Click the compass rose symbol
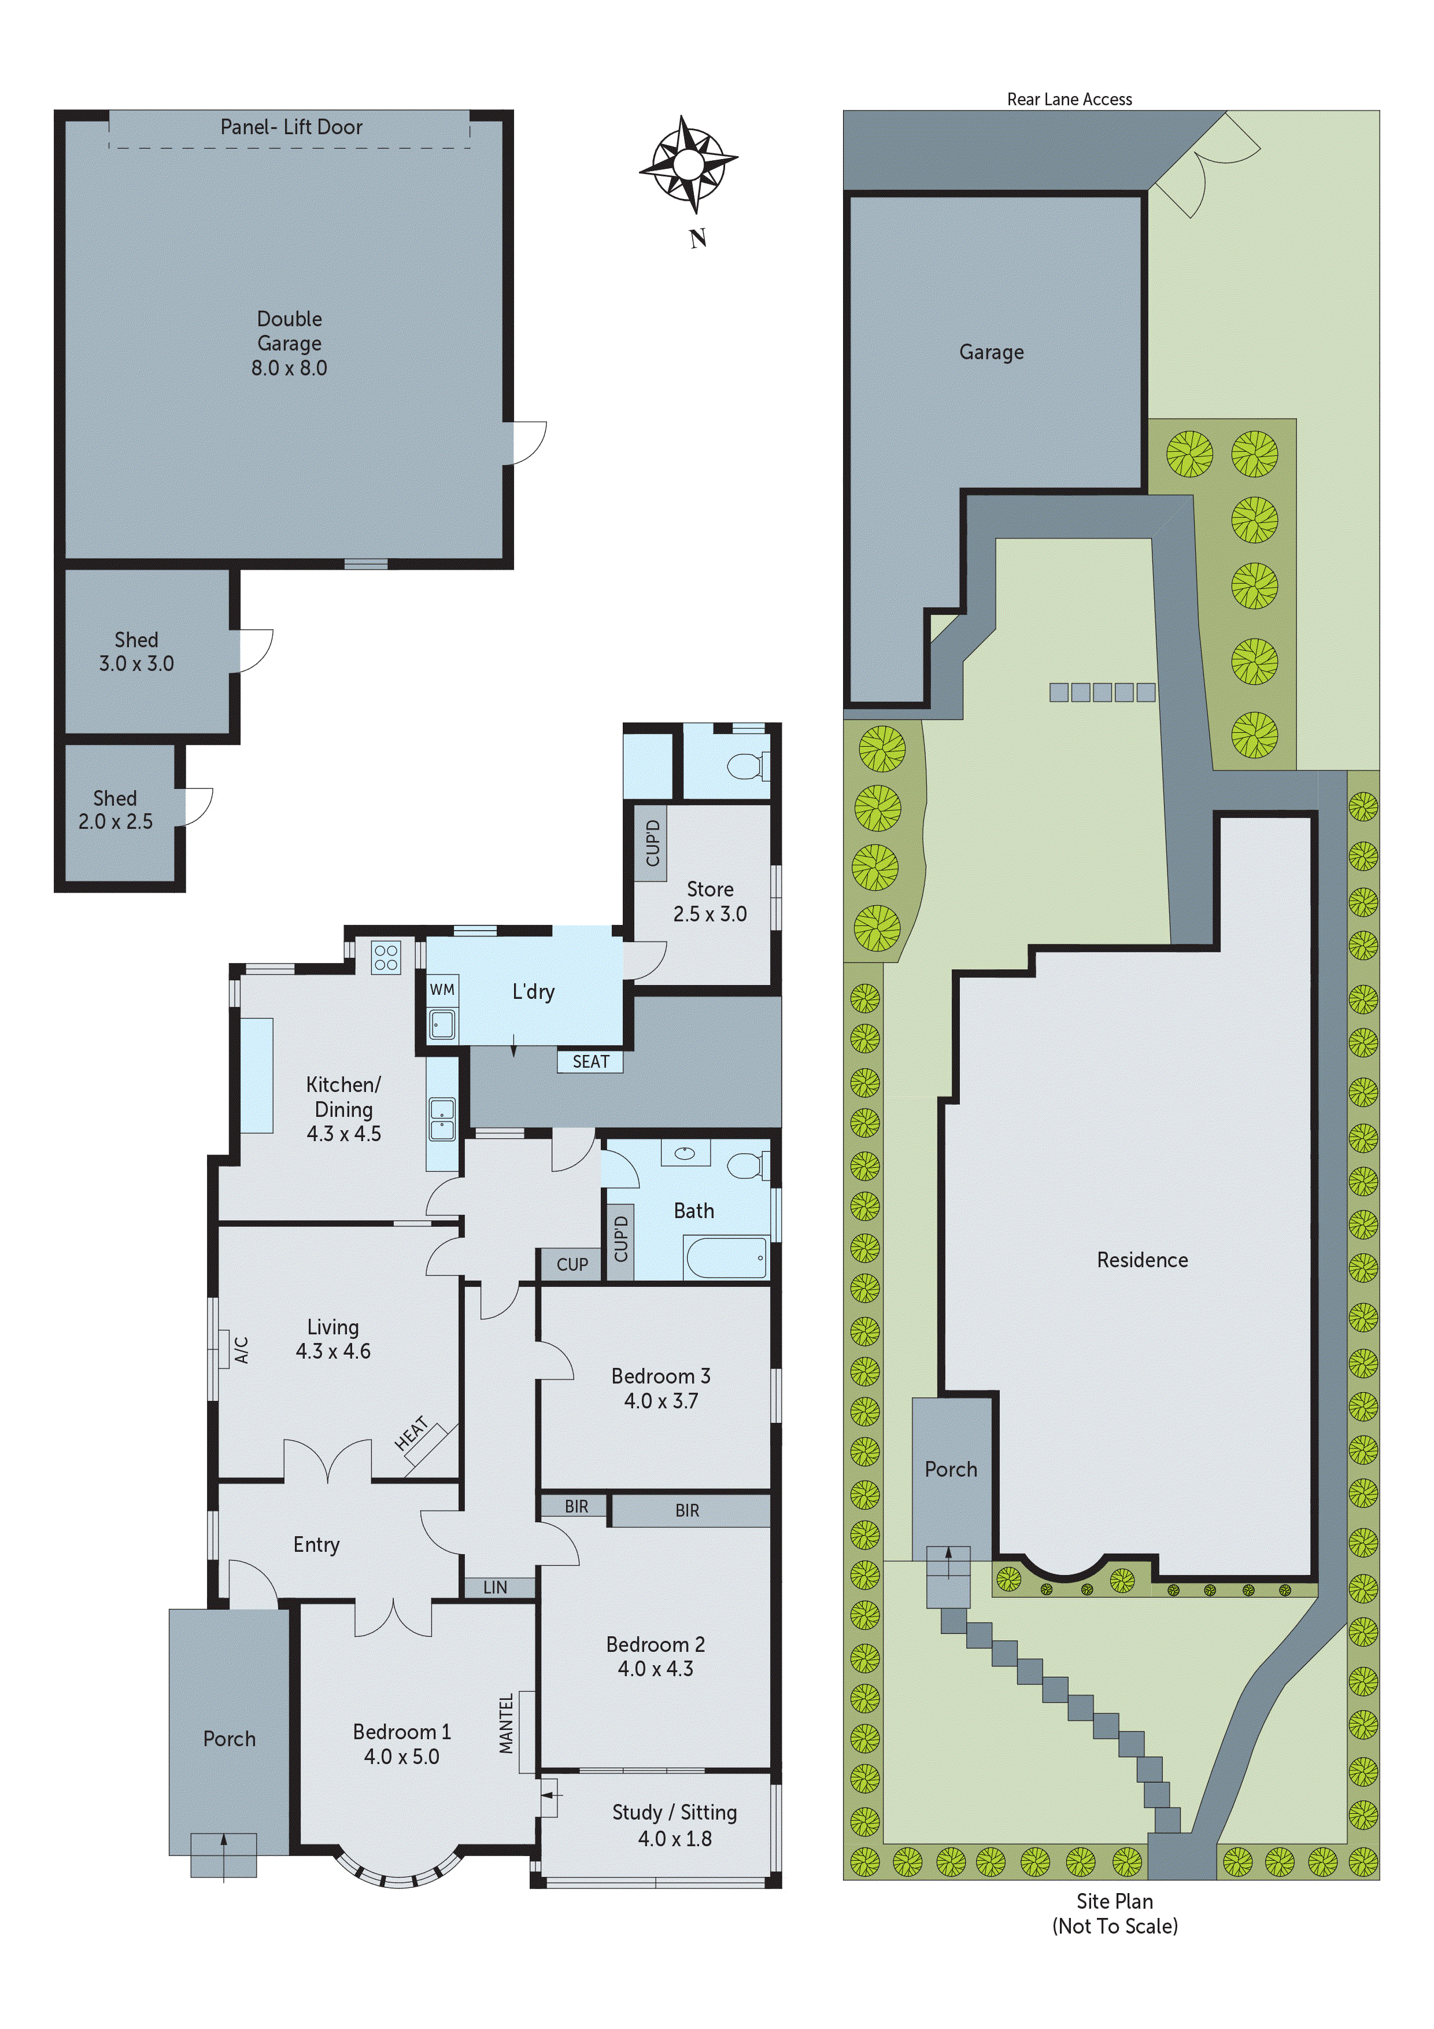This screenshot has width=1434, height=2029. pos(688,164)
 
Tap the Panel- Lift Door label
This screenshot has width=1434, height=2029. pos(291,127)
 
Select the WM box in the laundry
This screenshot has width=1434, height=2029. pos(442,990)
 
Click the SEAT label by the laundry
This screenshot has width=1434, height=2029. pos(590,1061)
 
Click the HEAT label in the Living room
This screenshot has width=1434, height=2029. pos(412,1433)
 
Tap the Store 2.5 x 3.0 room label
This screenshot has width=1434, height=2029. pos(709,901)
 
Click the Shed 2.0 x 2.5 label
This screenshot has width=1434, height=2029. pos(115,810)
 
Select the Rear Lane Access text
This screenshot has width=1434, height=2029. pos(1069,99)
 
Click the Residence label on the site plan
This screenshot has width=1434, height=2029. pos(1141,1259)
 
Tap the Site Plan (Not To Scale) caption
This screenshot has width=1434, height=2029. pos(1114,1913)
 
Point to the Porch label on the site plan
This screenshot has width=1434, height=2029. pos(951,1469)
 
